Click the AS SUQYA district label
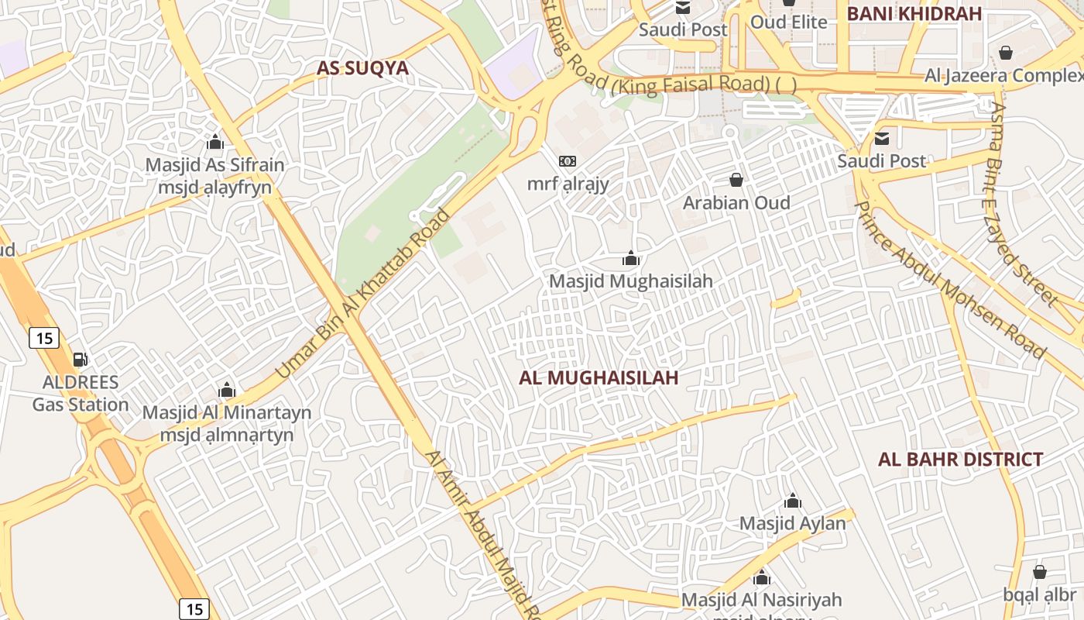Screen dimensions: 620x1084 (362, 68)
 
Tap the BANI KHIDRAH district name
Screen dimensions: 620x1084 (914, 13)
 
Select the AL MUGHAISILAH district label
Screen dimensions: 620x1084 (599, 377)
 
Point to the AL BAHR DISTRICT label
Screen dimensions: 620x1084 (960, 460)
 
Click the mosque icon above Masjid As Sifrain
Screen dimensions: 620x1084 (215, 143)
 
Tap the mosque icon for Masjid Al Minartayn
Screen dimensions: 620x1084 (226, 390)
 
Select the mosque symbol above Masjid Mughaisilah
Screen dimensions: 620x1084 (631, 258)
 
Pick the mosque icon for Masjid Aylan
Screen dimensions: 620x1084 (792, 501)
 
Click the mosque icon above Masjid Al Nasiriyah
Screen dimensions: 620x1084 (762, 577)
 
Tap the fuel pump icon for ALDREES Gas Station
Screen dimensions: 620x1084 (80, 360)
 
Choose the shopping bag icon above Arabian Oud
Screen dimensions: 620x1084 (736, 180)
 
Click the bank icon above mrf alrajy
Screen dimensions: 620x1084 (568, 161)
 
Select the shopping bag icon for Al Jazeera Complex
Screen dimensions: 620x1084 (1005, 53)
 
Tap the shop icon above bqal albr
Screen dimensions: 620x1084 (1039, 572)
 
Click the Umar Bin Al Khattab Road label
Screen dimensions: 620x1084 (362, 294)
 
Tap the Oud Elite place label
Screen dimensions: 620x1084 (788, 22)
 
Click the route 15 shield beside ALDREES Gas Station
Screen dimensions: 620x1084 (43, 338)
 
